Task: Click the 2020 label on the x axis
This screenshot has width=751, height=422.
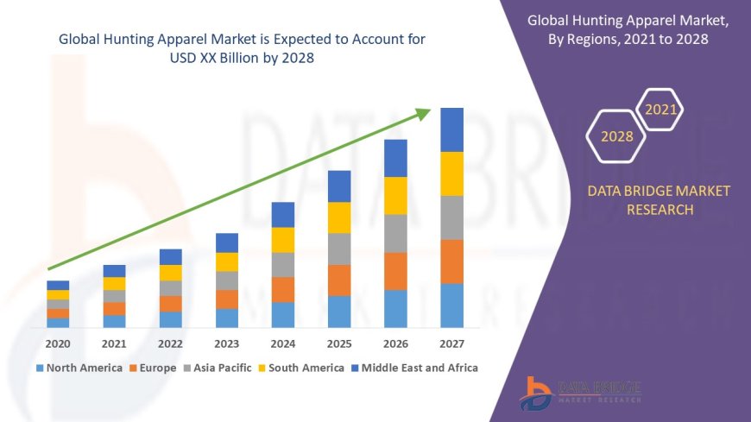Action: coord(58,343)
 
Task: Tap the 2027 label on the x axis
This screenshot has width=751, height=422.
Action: coord(451,343)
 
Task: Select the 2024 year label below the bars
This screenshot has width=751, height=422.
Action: coord(283,343)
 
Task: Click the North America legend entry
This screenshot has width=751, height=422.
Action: coord(79,368)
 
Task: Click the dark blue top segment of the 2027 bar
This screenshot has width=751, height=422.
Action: coord(452,129)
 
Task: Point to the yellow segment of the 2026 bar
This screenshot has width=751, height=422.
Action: coord(395,195)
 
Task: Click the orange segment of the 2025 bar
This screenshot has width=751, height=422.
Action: coord(339,280)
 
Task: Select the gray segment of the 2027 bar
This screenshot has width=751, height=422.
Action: coord(452,217)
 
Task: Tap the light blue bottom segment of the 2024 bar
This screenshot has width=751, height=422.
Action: coord(283,314)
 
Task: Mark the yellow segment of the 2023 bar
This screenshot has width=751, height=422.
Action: coord(227,261)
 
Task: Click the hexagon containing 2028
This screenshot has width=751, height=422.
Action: coord(617,136)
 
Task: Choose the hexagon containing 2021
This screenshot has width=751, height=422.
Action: coord(661,110)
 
